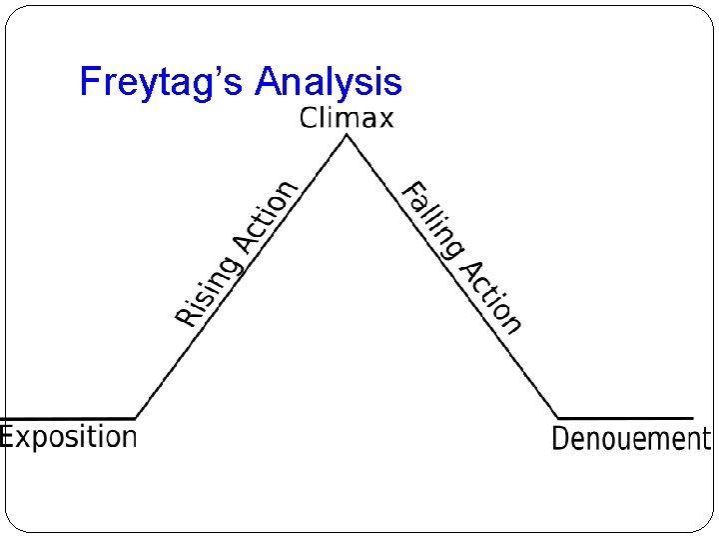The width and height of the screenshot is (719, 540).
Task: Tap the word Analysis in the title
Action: coord(329,82)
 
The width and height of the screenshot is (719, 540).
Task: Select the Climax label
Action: coord(347,118)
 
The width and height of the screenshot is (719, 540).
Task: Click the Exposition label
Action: coord(68,437)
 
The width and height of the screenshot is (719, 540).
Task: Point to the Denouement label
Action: coord(631,438)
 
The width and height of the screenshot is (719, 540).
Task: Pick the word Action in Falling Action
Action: coord(490,294)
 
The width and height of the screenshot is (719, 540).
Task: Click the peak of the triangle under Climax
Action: coord(347,136)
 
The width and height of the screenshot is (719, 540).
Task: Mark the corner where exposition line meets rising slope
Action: coord(135,418)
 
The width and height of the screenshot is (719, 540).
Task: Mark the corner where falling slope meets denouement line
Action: coord(558,418)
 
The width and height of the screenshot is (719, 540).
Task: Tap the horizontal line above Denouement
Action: coord(625,418)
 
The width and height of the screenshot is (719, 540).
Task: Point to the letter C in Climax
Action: coord(310,118)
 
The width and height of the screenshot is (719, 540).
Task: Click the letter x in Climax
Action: coord(384,120)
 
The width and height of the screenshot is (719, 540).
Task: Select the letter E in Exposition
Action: coord(9,436)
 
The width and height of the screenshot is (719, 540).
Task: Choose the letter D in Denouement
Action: coord(561,438)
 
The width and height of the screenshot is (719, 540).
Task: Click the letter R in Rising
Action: coord(186,317)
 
